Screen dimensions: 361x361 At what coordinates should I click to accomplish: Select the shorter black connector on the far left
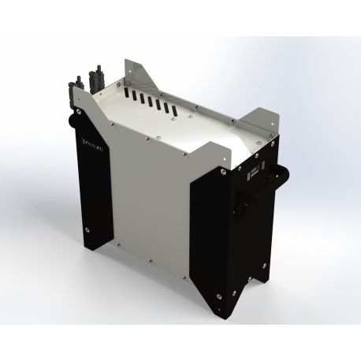80,82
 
